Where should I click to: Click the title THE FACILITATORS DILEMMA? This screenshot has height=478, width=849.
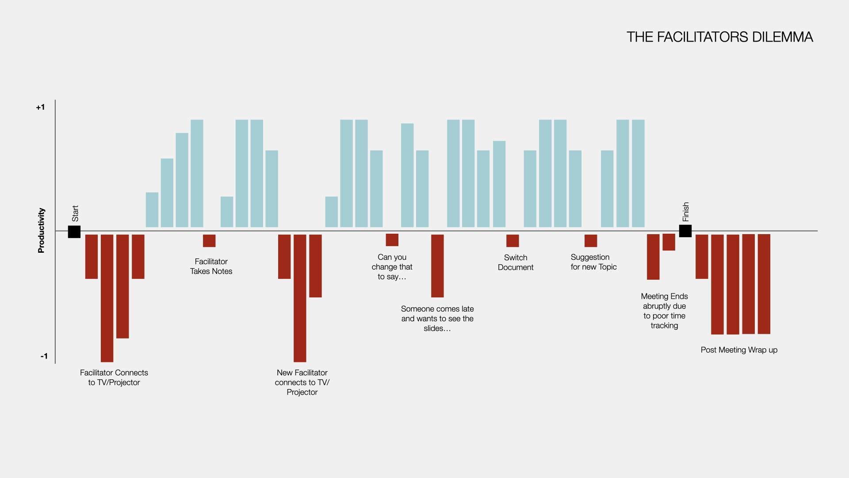[719, 37]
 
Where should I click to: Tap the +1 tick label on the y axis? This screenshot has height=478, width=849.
[40, 107]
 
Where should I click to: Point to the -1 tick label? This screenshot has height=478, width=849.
[44, 356]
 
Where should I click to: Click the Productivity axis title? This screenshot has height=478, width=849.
[41, 230]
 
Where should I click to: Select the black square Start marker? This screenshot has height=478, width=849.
[74, 232]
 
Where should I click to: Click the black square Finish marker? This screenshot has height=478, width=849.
[685, 231]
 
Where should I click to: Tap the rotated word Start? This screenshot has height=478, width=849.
[75, 213]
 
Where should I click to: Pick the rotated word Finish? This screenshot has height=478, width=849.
[686, 212]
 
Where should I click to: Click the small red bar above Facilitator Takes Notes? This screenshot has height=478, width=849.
[209, 241]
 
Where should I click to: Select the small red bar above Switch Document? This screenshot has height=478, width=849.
[512, 241]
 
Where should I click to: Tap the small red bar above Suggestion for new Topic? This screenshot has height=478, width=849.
[591, 241]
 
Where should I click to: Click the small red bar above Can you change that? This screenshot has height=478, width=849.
[392, 240]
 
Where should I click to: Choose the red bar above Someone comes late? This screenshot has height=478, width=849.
[437, 266]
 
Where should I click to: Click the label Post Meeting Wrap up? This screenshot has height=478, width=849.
[739, 350]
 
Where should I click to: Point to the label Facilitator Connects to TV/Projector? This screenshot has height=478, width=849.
[114, 378]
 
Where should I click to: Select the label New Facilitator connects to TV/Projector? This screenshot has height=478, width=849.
[302, 382]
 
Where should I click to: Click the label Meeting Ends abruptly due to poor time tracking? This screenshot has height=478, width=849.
[664, 311]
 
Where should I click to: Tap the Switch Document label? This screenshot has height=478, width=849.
[516, 262]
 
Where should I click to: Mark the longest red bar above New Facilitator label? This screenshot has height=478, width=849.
[300, 298]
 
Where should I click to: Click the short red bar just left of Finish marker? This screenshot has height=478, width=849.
[669, 242]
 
